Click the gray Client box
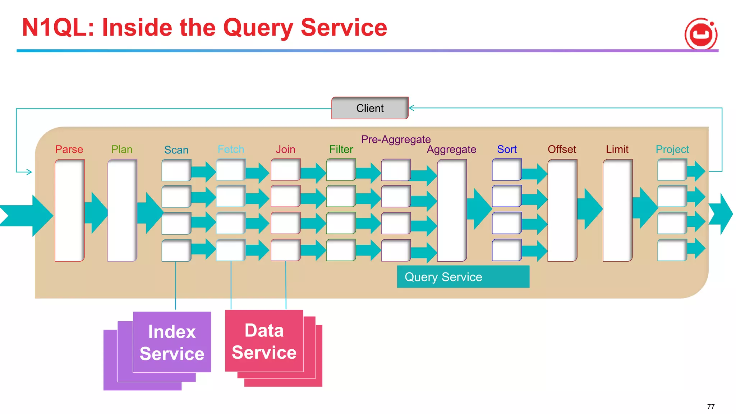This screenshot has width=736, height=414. pos(370,108)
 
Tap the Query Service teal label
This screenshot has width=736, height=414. pos(463,277)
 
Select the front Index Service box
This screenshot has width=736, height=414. pos(172,342)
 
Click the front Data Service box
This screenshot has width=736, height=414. pos(264,341)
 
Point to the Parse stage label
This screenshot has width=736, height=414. pos(69,149)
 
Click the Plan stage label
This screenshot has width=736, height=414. pos(122,149)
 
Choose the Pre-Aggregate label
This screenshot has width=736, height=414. pos(396,139)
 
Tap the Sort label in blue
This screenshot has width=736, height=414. pos(507,149)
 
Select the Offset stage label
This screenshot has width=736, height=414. pos(562,149)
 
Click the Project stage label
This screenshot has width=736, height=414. pos(672,149)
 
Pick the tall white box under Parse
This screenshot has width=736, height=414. pos(69,210)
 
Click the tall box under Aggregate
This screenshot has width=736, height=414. pos(452,210)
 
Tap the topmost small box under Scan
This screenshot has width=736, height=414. pos(176,170)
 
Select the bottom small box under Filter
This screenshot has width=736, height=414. pos(341,250)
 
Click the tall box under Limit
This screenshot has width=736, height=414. pos(617,210)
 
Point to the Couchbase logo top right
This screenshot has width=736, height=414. pos(701,34)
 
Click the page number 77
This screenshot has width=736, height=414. pos(710,406)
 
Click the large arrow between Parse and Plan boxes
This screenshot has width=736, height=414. pos(96,213)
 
